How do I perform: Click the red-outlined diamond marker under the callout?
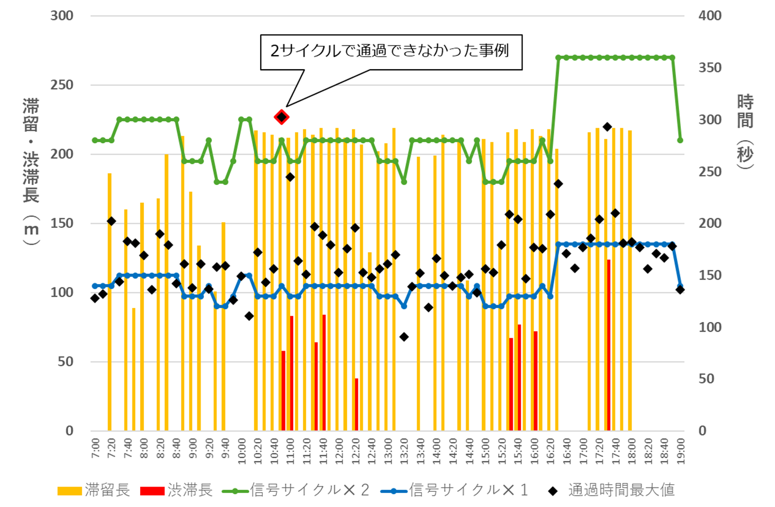coord(281,117)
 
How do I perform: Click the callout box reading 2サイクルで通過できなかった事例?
coord(391,52)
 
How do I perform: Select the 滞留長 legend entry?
coord(95,490)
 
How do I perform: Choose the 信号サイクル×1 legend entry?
coord(455,490)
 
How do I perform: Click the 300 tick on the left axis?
coord(62,16)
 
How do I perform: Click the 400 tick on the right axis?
coord(710,16)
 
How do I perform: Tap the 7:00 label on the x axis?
coord(95,449)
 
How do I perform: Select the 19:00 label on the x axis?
coord(680,449)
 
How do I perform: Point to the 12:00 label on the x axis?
coord(339,449)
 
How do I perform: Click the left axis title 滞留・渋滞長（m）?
coord(31,172)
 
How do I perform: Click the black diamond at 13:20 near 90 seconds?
coord(403,337)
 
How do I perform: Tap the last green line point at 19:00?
coord(680,141)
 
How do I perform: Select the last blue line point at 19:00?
coord(680,286)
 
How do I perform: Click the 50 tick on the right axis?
coord(706,379)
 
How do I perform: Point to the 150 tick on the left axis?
coord(62,223)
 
